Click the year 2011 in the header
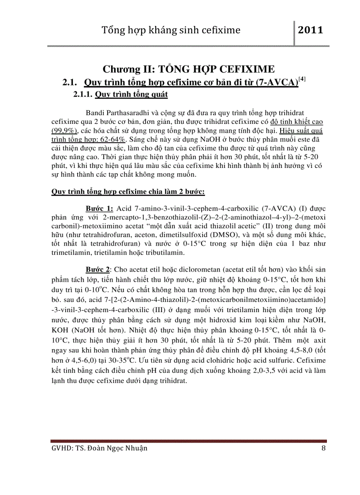[x=311, y=30]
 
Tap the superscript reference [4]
[x=302, y=80]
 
